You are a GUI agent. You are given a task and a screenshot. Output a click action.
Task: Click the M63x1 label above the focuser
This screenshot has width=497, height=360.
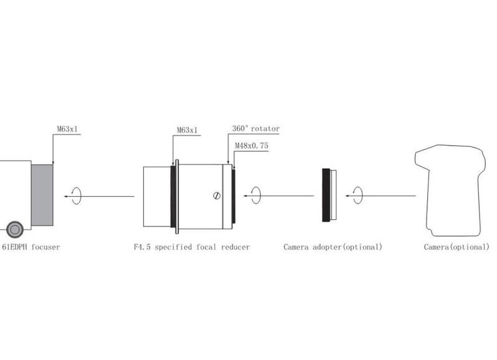coord(67,129)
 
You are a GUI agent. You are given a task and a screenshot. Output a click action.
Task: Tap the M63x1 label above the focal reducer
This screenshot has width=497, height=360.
coord(187,130)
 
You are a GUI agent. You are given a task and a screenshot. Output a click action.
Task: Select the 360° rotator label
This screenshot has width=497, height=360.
coord(256,129)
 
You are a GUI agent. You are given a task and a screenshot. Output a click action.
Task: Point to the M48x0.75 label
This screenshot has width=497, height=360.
coord(252,146)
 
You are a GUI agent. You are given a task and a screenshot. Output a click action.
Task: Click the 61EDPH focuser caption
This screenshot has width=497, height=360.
coord(31,247)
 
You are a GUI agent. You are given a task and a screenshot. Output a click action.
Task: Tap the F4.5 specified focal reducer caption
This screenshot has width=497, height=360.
coord(192,247)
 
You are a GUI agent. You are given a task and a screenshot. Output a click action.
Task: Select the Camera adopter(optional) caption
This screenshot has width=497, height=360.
coord(333,247)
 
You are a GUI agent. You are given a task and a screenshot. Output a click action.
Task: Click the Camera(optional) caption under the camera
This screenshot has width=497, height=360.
coord(457,247)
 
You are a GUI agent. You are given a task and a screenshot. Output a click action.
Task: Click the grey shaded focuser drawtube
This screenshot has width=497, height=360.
coord(42,195)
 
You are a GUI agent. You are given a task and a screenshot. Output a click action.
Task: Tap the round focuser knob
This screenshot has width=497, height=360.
coord(15,229)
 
